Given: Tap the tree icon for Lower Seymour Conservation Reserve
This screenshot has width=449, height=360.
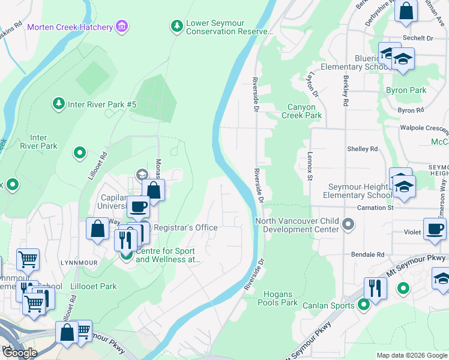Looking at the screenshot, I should click(176, 25).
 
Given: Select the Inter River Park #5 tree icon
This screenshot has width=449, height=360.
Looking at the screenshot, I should click(58, 104).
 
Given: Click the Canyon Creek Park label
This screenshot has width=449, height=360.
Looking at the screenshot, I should click(302, 111).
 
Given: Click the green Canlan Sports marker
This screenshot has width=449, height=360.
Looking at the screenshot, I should click(363, 305).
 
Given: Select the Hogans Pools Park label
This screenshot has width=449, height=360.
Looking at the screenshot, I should click(281, 298).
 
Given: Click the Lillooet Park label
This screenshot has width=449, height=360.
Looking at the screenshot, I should click(92, 286).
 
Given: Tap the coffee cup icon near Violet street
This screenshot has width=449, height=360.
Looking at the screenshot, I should click(435, 229).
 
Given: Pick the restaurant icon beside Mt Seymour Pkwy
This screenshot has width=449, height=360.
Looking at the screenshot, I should click(375, 288).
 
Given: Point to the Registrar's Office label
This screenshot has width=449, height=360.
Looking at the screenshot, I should click(185, 228).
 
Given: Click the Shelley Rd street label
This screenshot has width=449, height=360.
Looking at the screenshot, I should click(363, 149).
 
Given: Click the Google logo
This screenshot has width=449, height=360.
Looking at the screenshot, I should click(20, 353).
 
